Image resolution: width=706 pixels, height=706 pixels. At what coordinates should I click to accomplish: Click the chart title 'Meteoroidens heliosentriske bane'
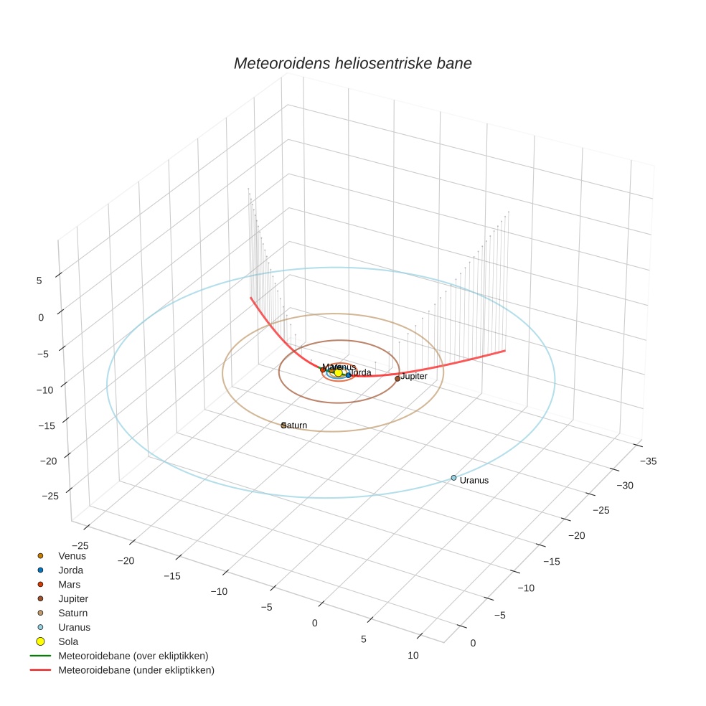pos(352,63)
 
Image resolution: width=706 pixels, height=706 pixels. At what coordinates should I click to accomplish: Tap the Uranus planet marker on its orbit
pos(453,478)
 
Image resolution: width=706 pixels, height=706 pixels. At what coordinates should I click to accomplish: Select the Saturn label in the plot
pos(296,425)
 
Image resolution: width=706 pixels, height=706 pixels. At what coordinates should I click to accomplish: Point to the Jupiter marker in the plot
pos(397,379)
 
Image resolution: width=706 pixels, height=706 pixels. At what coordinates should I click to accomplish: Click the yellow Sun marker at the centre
pos(339,372)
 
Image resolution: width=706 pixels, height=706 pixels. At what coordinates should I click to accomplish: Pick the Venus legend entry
pos(72,556)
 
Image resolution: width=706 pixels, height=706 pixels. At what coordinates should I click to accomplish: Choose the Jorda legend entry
pos(70,570)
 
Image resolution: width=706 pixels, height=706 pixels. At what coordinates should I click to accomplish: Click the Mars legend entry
pos(70,585)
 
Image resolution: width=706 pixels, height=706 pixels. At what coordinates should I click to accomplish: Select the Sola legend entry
pos(68,641)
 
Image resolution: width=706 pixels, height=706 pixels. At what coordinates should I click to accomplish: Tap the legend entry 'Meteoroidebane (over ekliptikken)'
pos(133,656)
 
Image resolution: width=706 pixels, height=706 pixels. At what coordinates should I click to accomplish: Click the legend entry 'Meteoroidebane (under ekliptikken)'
pos(136,670)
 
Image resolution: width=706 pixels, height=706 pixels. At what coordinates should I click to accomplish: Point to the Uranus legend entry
pos(74,627)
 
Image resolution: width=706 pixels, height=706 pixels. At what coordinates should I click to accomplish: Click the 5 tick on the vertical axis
pos(39,281)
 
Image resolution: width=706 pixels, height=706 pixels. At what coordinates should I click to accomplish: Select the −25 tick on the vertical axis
pos(31,495)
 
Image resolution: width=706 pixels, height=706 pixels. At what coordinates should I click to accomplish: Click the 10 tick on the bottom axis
pos(413,655)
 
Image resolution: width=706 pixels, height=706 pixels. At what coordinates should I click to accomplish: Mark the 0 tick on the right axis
pos(472,643)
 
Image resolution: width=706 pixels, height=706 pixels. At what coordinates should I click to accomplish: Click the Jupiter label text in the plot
pos(414,376)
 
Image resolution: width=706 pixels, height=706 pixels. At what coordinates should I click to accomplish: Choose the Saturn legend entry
pos(72,613)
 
